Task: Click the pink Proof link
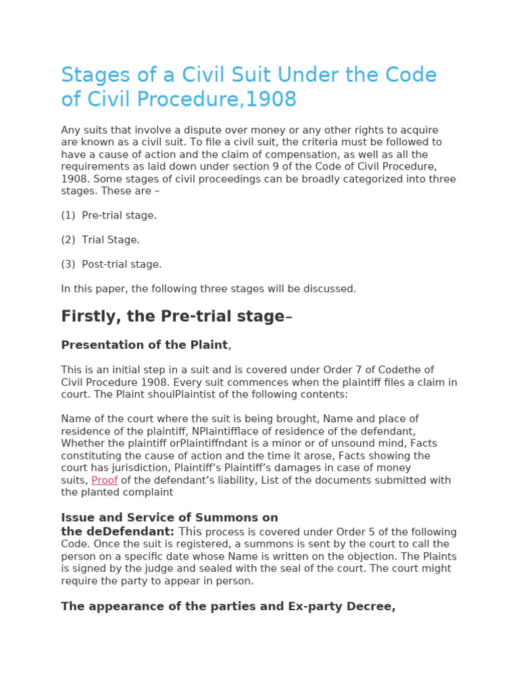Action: pyautogui.click(x=105, y=480)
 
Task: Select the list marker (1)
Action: pyautogui.click(x=68, y=216)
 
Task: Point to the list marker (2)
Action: pyautogui.click(x=68, y=240)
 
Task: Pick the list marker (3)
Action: pyautogui.click(x=68, y=264)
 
